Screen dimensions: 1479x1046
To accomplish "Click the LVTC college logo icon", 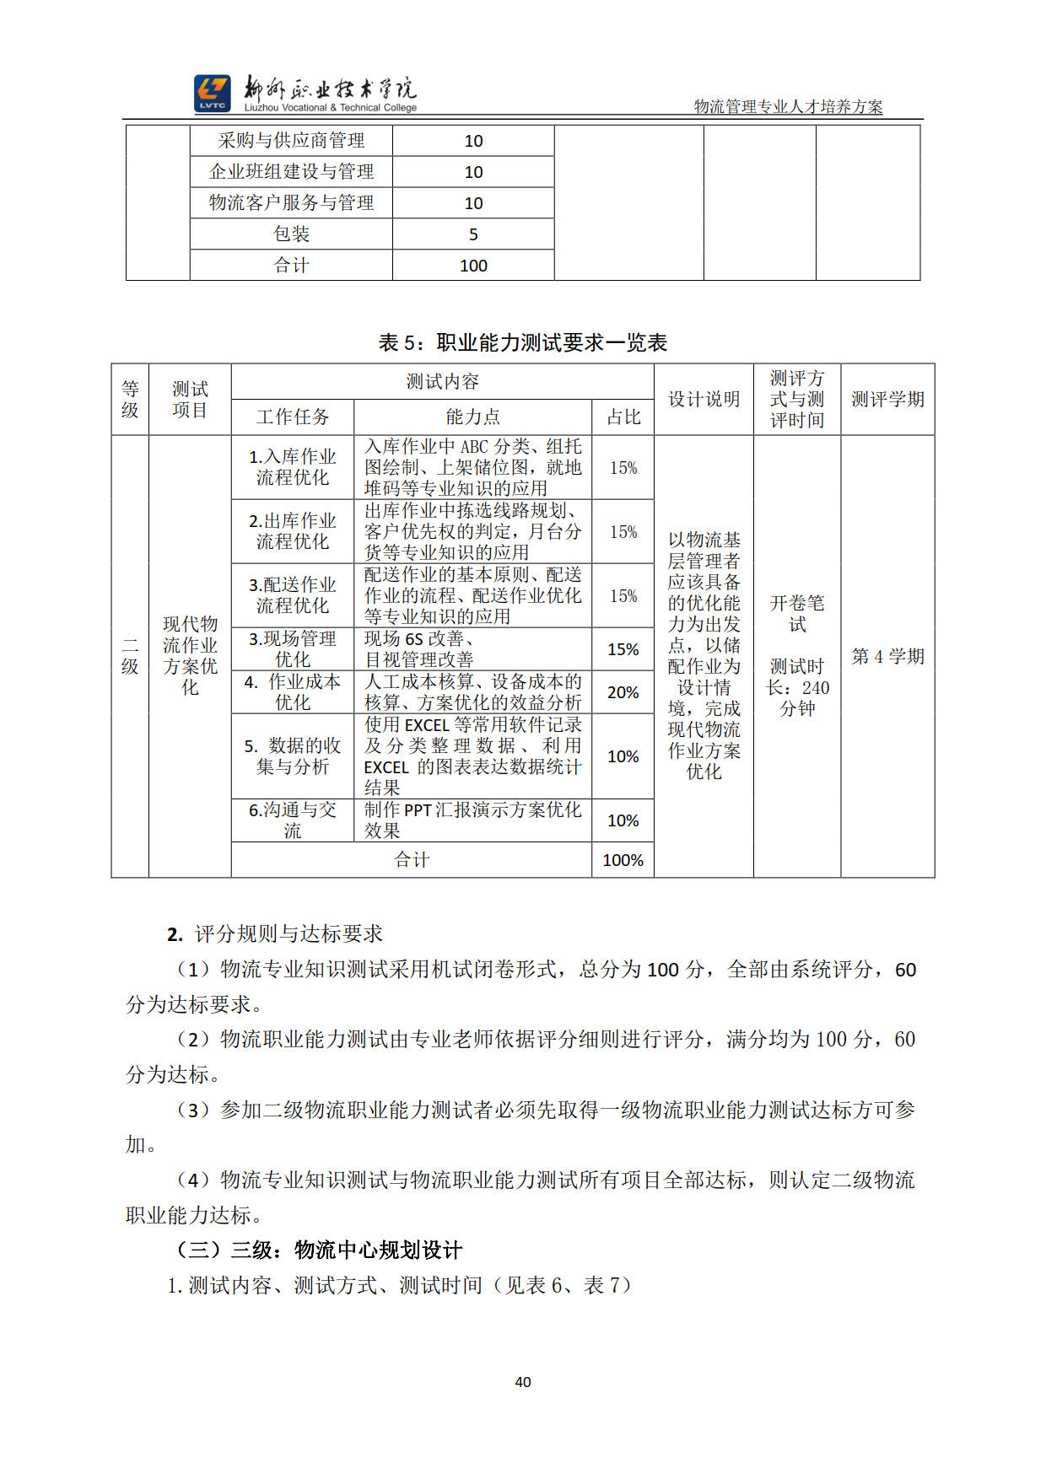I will coord(212,93).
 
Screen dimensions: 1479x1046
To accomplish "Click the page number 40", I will coord(523,1381).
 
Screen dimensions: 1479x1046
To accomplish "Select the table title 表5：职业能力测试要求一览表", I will coord(522,342).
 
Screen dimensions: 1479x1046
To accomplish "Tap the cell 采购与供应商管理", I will coord(291,141).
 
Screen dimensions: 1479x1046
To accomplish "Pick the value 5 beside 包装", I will coord(473,234).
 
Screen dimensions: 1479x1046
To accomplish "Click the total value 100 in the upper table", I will coord(473,266).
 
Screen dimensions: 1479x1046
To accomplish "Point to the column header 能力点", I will coord(472,417).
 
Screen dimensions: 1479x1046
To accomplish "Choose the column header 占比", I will coord(623,417).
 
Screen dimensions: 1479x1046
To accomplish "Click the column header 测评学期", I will coord(887,399).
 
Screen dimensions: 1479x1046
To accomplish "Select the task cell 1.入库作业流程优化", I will coord(292,467).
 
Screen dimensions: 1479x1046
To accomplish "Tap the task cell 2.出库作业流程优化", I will coord(292,531).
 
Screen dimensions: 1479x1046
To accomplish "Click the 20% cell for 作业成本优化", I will coord(623,692).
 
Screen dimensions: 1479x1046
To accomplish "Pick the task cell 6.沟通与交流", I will coord(292,820).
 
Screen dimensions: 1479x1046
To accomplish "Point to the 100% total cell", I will coord(623,860).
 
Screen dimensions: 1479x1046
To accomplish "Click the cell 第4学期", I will coord(887,656).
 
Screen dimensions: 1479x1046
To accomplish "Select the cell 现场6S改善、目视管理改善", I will coord(472,649).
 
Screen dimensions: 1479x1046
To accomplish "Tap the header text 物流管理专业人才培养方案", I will coord(788,107).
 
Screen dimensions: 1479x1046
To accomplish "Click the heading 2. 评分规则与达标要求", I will coord(275,933).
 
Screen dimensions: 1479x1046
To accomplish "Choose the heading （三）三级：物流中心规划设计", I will coord(319,1250).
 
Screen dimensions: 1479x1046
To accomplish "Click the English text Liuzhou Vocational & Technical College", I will coord(331,108).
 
